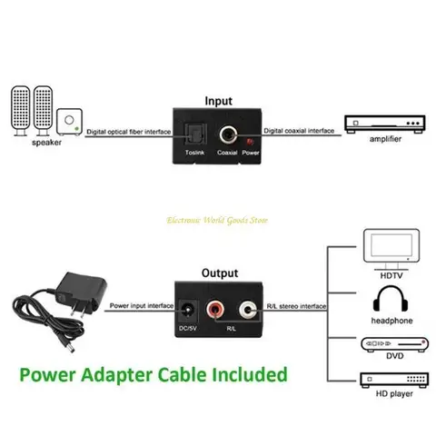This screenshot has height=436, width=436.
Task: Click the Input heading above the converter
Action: point(218,101)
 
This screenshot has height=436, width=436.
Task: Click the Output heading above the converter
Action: point(219,272)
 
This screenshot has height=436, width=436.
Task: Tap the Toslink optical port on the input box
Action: point(194,134)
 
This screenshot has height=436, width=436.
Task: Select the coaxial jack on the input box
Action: point(227,134)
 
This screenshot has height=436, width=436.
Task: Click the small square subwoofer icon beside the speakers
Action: point(68,121)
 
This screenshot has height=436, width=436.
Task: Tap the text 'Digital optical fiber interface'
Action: point(128,133)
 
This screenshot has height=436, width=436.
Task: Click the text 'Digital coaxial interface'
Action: point(298,133)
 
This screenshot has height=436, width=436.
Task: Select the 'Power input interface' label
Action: point(136,307)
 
